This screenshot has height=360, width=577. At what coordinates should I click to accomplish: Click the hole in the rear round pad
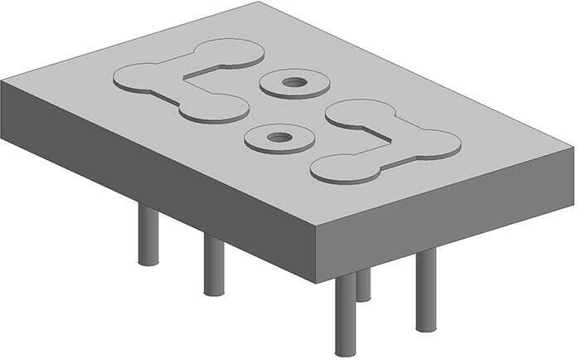tap(293, 82)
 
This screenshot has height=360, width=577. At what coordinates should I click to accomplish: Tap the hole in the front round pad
tap(279, 136)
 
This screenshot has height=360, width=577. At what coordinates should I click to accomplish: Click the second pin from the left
tap(213, 265)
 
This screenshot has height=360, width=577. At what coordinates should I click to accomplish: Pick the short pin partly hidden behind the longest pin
tap(363, 286)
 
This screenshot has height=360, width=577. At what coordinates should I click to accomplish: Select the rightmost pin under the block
tap(425, 290)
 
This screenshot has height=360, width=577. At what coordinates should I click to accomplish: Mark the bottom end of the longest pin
tap(345, 353)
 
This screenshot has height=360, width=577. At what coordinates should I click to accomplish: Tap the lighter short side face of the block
tap(448, 207)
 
